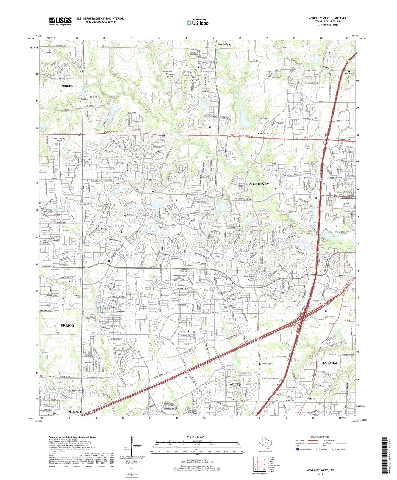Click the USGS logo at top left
[60, 21]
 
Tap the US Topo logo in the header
[197, 23]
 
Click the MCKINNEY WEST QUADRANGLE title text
[328, 18]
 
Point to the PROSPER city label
[68, 86]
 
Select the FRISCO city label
[67, 325]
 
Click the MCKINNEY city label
[259, 184]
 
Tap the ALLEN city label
[235, 384]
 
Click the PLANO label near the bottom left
[74, 412]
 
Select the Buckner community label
[263, 134]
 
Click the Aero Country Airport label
[60, 140]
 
